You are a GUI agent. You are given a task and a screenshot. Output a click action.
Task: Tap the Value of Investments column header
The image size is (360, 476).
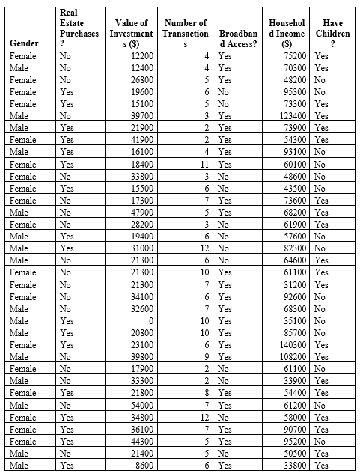point(132,34)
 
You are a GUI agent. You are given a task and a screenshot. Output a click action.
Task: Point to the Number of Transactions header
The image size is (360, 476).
point(185,34)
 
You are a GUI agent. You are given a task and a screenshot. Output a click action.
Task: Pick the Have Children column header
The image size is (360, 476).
point(333,34)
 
